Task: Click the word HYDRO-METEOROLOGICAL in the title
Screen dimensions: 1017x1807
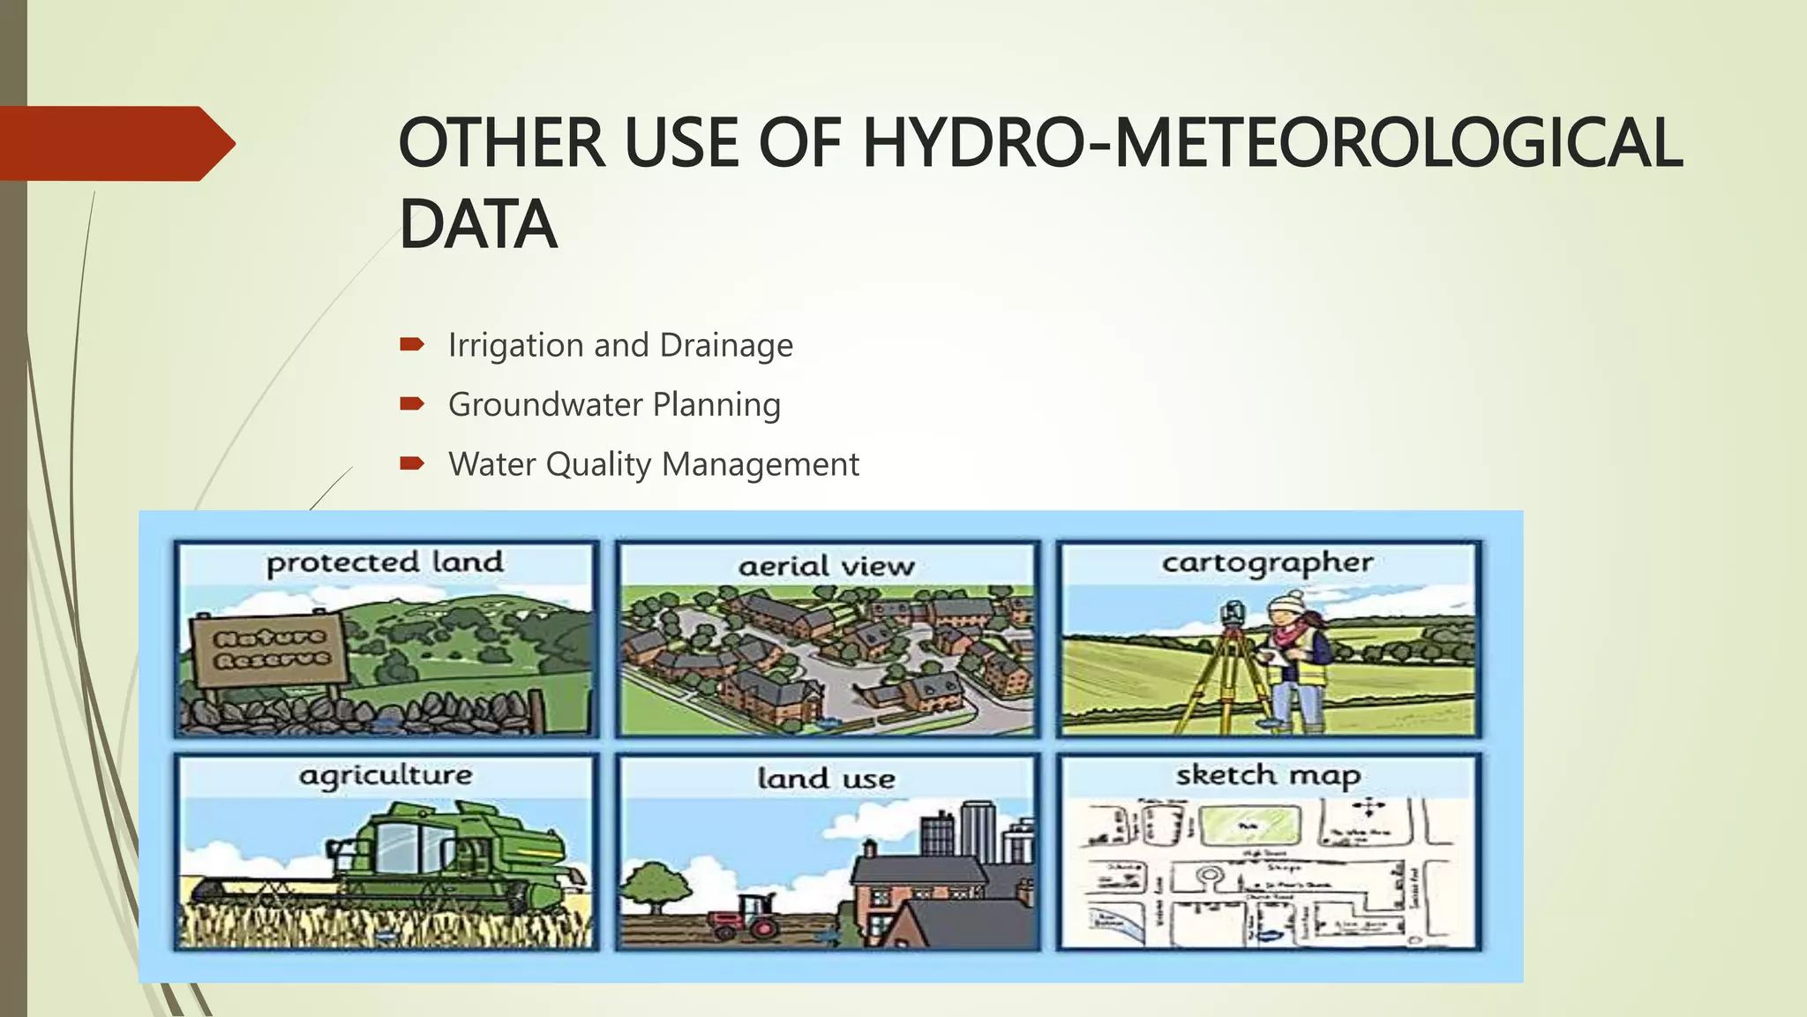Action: [1271, 143]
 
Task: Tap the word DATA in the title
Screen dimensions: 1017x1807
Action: [477, 225]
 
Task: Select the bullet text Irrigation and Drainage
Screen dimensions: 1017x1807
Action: [620, 345]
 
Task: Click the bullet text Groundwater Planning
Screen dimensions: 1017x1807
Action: [614, 405]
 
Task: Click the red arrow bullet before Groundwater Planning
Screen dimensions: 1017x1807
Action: [412, 404]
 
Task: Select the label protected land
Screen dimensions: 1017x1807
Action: [385, 562]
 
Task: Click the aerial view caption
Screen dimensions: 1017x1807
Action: [826, 566]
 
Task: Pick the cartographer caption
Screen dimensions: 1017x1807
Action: [1267, 563]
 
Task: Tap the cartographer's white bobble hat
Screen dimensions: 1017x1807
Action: [1286, 603]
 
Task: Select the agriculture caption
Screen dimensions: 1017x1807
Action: [386, 776]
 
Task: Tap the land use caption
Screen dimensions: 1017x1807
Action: [826, 779]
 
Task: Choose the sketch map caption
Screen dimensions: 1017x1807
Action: [1267, 776]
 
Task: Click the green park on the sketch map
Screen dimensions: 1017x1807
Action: [1252, 826]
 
